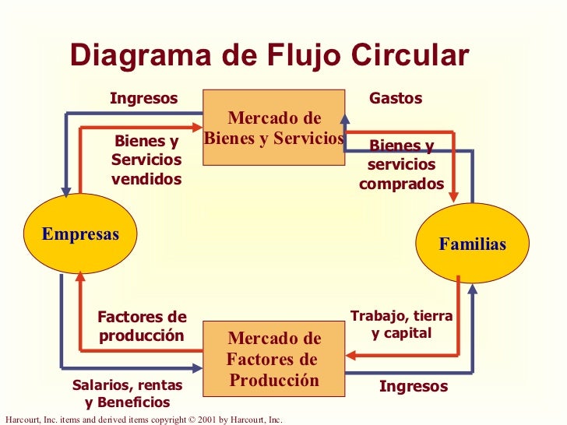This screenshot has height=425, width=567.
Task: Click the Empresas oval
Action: (x=80, y=234)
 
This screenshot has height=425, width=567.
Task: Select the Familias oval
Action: (x=472, y=244)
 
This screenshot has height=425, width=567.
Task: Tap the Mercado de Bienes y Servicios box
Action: (x=273, y=128)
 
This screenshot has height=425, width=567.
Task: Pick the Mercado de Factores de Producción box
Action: (x=273, y=360)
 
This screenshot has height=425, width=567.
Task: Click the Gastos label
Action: (x=396, y=99)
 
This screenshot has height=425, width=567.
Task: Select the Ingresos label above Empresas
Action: (x=144, y=99)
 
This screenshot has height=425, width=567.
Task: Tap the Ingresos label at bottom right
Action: (x=414, y=387)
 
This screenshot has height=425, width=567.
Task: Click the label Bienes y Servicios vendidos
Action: (x=146, y=160)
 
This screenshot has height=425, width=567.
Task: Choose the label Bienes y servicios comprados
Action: (x=401, y=165)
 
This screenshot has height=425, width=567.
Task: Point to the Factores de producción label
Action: (x=142, y=326)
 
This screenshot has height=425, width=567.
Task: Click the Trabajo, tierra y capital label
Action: (x=401, y=325)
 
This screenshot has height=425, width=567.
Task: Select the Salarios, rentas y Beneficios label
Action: (x=127, y=394)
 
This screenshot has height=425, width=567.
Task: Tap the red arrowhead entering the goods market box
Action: (x=198, y=127)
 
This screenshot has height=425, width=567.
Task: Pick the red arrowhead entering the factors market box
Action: (x=350, y=356)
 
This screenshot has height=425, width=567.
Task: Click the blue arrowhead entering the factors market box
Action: (x=198, y=367)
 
